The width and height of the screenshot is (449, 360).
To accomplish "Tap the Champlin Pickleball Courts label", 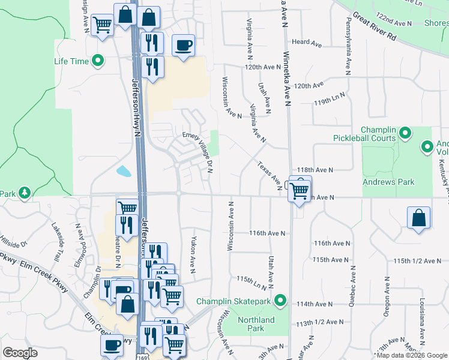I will pyautogui.click(x=364, y=134).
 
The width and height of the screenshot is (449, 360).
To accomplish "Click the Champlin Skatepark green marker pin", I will pyautogui.click(x=279, y=299).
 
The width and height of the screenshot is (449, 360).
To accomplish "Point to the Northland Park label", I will pyautogui.click(x=256, y=324).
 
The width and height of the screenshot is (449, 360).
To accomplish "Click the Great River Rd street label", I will pyautogui.click(x=375, y=26).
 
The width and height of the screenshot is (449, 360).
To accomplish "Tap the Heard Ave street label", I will pyautogui.click(x=307, y=43).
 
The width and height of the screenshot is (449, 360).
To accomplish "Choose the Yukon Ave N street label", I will pyautogui.click(x=193, y=255).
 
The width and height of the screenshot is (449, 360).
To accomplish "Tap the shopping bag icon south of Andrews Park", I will pyautogui.click(x=419, y=219).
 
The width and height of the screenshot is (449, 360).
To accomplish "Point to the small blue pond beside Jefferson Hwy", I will pyautogui.click(x=124, y=172).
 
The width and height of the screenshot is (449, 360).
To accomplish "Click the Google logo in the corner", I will pyautogui.click(x=20, y=353).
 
